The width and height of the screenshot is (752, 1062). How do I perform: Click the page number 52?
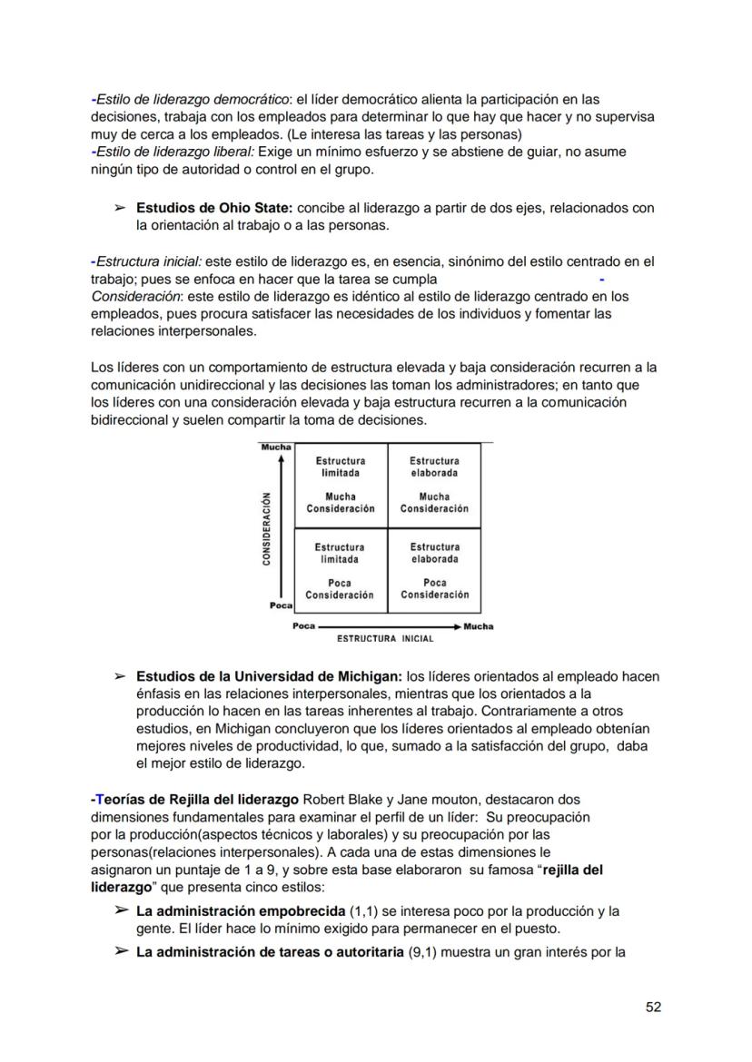[652, 1007]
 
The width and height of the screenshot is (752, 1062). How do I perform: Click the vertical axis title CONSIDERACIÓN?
[267, 528]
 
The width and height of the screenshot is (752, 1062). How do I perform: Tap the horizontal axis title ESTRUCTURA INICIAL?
[385, 638]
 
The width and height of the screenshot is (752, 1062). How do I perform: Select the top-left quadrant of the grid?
[340, 485]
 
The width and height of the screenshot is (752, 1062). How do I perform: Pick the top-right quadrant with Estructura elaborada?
[434, 485]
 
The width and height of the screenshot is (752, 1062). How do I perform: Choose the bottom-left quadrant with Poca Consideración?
[340, 571]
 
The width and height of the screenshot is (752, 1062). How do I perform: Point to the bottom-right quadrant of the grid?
[434, 571]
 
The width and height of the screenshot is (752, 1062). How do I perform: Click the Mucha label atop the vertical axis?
[276, 447]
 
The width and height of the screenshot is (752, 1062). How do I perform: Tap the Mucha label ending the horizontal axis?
[479, 626]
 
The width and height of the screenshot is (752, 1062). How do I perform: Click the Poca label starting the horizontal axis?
[303, 626]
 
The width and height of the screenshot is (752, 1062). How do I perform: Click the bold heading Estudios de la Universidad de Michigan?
[269, 676]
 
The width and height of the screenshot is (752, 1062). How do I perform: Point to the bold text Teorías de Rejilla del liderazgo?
[195, 800]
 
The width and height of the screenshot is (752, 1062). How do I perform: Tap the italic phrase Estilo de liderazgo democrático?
[192, 99]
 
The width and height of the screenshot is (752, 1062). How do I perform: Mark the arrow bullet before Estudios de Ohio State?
[119, 208]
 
